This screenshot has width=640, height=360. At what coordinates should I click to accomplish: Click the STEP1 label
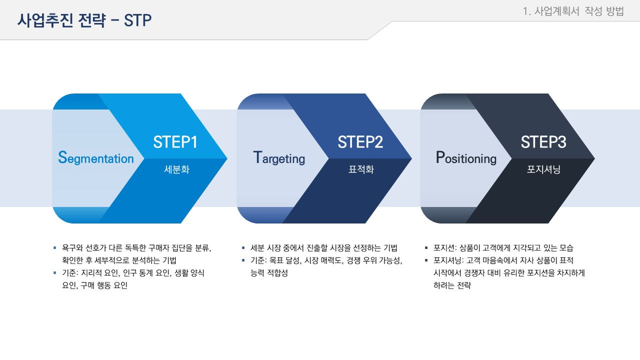[175, 142]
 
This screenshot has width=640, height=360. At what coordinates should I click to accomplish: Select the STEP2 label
[360, 142]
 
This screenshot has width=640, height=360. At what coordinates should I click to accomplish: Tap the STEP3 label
[543, 142]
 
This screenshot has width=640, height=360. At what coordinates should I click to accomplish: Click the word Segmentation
[95, 158]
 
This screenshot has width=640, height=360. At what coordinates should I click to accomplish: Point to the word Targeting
[279, 158]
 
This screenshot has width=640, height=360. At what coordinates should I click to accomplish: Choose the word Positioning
[466, 158]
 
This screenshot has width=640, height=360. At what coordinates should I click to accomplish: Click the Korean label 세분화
[176, 169]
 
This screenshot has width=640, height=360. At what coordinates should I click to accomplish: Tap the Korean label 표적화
[361, 169]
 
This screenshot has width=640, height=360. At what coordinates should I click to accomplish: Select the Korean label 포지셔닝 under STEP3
[543, 169]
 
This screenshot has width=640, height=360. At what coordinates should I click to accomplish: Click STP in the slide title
[137, 20]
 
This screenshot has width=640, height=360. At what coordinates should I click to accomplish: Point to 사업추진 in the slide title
[45, 20]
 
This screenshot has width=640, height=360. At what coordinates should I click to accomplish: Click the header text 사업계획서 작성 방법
[579, 11]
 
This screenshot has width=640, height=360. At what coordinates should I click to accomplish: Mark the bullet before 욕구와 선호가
[55, 248]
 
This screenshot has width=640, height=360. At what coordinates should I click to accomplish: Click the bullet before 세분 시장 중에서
[243, 248]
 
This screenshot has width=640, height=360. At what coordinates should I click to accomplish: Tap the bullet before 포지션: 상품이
[426, 248]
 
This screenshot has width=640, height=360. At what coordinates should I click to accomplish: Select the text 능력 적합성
[269, 273]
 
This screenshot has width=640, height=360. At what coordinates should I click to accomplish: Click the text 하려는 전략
[452, 285]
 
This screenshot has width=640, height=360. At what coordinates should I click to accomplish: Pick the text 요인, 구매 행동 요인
[95, 285]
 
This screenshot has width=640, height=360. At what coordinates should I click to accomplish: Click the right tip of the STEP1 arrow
[227, 158]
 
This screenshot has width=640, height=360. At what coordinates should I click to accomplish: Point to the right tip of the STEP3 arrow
[594, 158]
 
